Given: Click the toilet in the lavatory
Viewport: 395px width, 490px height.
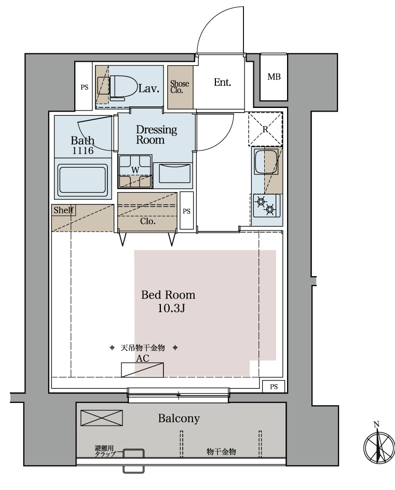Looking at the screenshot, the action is coord(124,88).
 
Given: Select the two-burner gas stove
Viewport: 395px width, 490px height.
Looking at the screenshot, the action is coord(266,206).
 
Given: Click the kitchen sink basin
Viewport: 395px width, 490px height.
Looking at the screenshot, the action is coord(266,161).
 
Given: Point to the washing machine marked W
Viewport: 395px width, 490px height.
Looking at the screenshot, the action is coord(135,171).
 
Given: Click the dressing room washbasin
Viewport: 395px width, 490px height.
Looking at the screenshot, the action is coord(175,173).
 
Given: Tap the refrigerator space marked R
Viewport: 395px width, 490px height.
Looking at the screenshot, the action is coord(265,129).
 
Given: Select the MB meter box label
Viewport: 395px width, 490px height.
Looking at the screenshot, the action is coord(274,77).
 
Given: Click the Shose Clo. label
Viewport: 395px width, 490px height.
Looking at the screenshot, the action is coord(180,87).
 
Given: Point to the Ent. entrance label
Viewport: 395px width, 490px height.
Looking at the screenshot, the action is coord(223,83).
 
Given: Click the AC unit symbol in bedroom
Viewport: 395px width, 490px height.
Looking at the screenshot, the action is coord(143,370).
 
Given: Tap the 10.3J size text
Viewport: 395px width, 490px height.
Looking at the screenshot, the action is coord(171,308).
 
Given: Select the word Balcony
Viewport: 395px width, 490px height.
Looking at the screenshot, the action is coord(179,418).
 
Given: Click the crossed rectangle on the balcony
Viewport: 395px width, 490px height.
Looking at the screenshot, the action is coord(102,418).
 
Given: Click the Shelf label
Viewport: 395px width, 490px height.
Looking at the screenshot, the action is coord(63,210).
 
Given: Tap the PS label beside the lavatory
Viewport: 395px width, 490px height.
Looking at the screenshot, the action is coord(85,88).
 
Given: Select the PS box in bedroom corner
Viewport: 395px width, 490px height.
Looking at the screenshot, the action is coord(274,387).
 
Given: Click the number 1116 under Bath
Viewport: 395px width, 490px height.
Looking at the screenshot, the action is coord(83,151).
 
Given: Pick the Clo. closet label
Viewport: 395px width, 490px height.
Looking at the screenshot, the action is coord(148,221).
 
